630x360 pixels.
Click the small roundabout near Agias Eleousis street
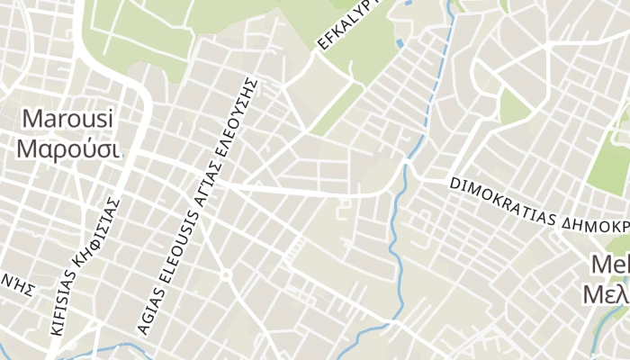(x=226, y=275)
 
